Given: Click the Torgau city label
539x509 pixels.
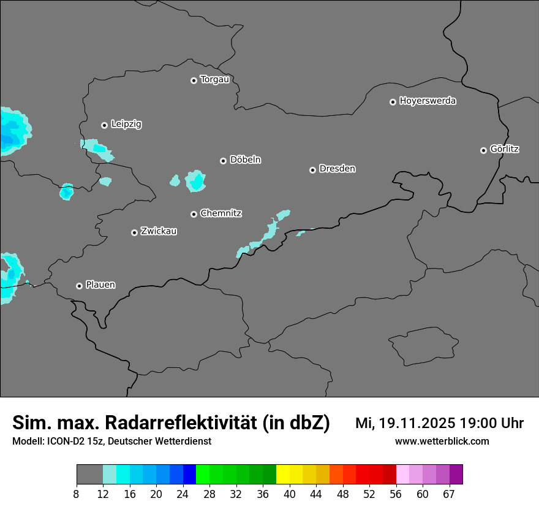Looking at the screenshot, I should pos(214,80).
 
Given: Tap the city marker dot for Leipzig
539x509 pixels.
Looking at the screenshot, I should pos(104,125).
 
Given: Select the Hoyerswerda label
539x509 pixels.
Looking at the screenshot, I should pos(428,101).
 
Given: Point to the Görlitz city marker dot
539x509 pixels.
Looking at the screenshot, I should pos(483,150).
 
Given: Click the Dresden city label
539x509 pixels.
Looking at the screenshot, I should pos(337,169).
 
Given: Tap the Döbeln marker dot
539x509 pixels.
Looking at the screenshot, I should pos(223,161).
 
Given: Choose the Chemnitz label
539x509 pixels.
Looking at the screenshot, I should pos(221,213).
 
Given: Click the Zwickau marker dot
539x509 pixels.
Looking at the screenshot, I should pos(134,232).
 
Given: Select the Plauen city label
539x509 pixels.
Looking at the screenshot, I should pos(100,285).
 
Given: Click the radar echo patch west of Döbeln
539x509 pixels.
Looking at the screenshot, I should pos(195,181).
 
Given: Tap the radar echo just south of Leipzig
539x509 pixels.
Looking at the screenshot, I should pos(97,148).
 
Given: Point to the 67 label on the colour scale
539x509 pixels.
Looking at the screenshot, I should pos(449,494).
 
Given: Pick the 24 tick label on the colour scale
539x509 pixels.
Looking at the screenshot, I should pos(183,494).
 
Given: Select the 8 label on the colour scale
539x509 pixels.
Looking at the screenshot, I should pos(76,494).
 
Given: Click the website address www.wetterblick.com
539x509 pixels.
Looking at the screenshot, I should pos(442,442).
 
